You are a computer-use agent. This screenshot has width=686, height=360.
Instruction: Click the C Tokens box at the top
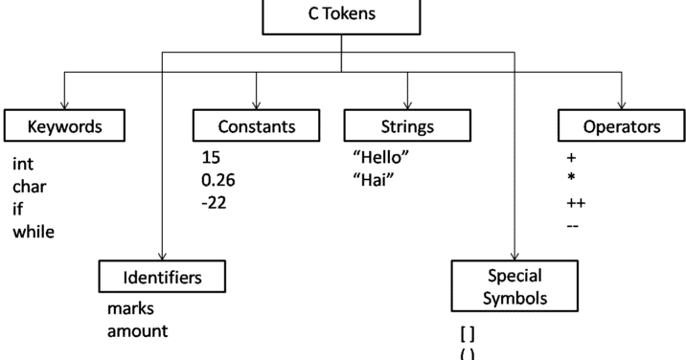click(x=342, y=16)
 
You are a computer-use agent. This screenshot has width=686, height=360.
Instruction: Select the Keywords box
click(x=65, y=125)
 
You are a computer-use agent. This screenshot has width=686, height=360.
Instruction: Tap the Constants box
click(x=256, y=125)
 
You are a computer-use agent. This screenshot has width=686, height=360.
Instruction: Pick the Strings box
click(x=407, y=125)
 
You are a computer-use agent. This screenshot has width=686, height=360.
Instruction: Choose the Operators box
click(x=622, y=125)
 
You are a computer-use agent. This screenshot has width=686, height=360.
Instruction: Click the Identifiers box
click(x=163, y=278)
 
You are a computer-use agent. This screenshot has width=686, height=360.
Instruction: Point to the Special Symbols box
click(x=515, y=286)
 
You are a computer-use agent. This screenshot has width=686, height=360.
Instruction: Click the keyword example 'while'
click(x=34, y=232)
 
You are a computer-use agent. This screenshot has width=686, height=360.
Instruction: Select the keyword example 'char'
click(x=30, y=188)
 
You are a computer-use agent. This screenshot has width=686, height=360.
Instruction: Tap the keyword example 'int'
click(x=23, y=165)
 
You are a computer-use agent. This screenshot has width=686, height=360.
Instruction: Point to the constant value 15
click(x=212, y=156)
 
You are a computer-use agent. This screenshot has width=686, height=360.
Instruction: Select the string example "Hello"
click(x=382, y=156)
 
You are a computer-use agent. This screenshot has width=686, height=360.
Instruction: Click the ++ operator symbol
click(x=576, y=203)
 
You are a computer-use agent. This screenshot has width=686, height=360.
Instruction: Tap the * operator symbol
click(x=572, y=179)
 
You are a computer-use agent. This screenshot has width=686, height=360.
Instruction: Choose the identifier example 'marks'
click(x=131, y=309)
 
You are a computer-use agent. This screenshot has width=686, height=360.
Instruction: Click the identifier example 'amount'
click(x=138, y=331)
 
